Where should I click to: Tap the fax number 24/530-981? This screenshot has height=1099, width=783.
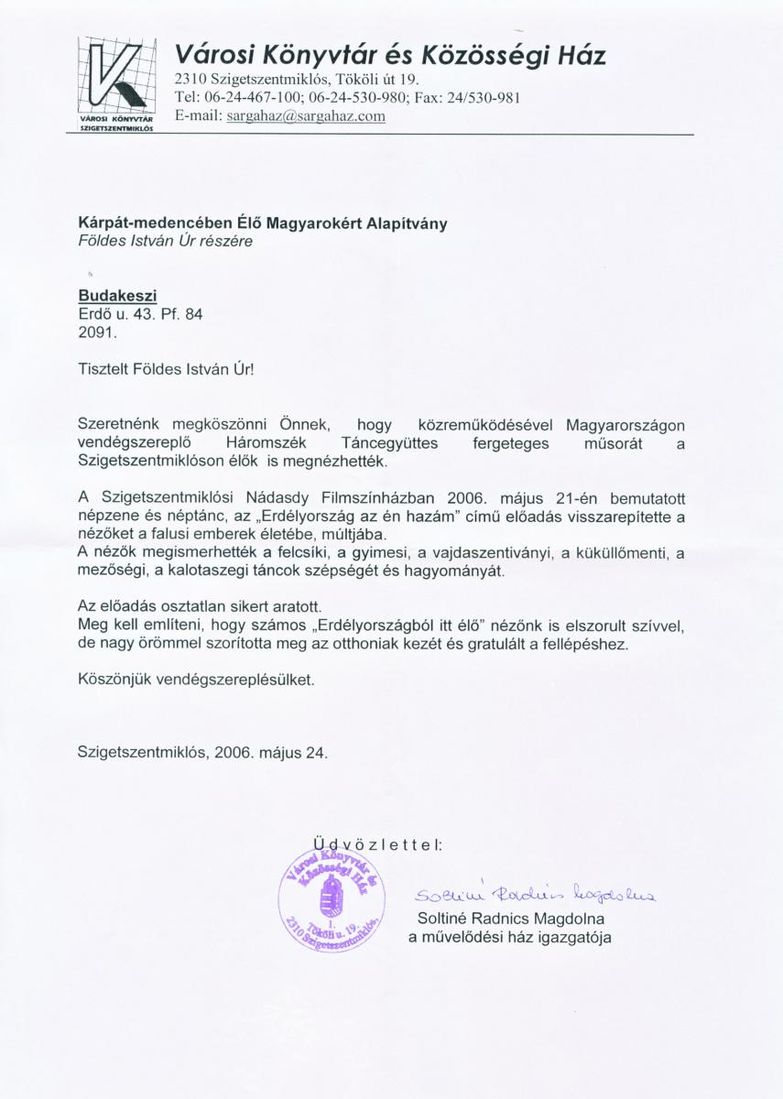484,99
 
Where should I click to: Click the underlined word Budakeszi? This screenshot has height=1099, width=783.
117,296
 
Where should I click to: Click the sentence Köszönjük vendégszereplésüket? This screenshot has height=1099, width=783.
195,680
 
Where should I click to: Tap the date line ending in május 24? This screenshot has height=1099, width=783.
202,754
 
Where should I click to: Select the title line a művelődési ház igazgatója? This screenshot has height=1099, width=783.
509,937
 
